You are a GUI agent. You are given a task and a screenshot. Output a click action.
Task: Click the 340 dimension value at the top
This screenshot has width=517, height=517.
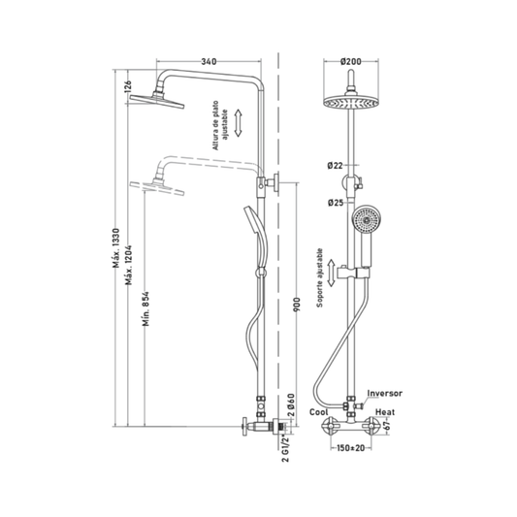(210, 62)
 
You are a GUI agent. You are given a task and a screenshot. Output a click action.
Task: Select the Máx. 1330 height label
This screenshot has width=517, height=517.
(116, 247)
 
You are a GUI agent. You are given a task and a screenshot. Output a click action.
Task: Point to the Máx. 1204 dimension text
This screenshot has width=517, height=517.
(129, 265)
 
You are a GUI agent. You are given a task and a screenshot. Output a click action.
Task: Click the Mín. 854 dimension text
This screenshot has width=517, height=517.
(146, 308)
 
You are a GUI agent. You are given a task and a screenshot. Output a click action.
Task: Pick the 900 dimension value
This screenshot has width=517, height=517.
(297, 305)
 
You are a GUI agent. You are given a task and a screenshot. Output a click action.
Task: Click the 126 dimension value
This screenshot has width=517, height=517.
(128, 86)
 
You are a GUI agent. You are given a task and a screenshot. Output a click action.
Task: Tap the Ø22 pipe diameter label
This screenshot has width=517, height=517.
(336, 166)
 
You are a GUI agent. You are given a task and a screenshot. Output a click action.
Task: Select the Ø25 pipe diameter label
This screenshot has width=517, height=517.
(336, 203)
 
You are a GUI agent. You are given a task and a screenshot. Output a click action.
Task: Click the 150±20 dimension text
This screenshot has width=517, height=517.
(350, 448)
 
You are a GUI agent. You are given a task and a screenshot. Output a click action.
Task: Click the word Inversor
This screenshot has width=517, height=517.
(385, 394)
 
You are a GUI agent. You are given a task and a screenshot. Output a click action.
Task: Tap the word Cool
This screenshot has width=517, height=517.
(319, 412)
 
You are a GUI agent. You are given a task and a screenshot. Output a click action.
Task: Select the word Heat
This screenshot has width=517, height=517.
(385, 412)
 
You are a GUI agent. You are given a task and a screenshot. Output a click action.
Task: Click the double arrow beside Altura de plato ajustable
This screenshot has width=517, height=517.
(238, 123)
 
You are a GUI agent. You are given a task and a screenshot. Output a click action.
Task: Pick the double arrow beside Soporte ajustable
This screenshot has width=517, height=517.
(332, 273)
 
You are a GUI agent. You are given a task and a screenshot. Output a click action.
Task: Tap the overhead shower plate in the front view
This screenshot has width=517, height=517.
(351, 102)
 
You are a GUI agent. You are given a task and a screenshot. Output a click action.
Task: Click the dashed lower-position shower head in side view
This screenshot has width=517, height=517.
(157, 187)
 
